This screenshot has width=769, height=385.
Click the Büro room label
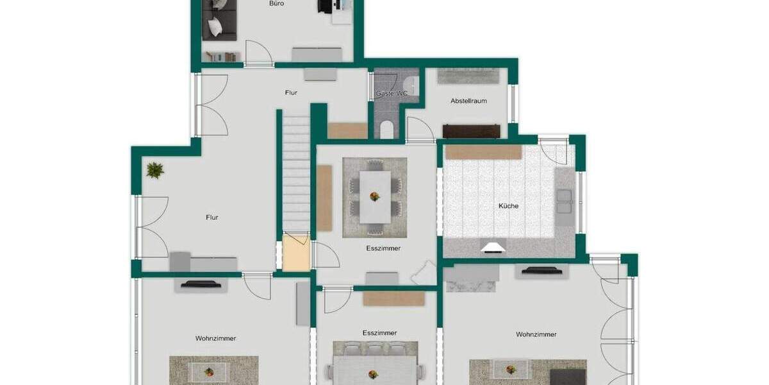pos(276,4)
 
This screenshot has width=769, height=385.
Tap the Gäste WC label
pos(392,94)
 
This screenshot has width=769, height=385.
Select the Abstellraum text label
pos(468,101)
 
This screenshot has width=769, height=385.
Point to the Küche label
pos(509,206)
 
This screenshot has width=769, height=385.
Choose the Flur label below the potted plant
pos(212,218)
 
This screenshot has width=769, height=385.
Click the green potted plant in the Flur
pos(154,170)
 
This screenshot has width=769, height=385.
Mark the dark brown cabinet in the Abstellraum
pos(471,131)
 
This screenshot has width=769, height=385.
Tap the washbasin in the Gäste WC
pos(411,83)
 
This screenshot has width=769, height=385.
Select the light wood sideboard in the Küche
pos(483,152)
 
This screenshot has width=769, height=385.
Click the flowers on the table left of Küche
pos(374,196)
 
